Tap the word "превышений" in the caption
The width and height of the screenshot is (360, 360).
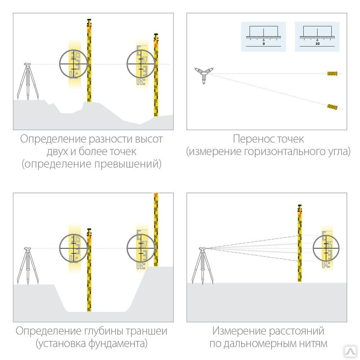click(x=127, y=164)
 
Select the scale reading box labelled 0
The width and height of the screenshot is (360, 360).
click(x=263, y=37)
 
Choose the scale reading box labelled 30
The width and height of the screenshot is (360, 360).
click(x=317, y=37)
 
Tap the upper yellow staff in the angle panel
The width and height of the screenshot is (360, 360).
click(x=332, y=73)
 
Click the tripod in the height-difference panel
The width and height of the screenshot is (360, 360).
click(x=27, y=81)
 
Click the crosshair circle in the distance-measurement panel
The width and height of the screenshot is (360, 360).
click(x=327, y=248)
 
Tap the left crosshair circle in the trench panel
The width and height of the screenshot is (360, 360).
click(x=74, y=248)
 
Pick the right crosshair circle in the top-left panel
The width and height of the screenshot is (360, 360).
click(x=141, y=64)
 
